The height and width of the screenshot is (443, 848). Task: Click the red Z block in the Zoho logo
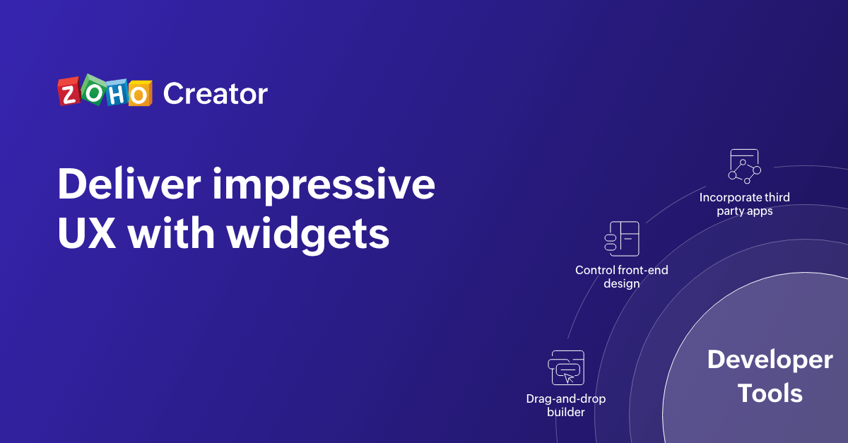click(69, 92)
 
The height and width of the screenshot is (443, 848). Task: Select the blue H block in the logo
click(116, 92)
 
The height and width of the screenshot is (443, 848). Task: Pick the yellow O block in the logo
click(140, 93)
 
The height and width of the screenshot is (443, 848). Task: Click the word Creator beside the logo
click(216, 93)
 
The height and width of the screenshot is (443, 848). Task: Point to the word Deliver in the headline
click(129, 184)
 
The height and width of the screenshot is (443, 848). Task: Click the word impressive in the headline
click(324, 186)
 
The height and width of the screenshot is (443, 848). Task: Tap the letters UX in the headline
click(87, 233)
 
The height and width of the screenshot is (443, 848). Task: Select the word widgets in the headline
click(308, 235)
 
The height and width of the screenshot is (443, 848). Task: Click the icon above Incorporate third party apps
click(744, 166)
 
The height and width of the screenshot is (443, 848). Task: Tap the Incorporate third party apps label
click(745, 204)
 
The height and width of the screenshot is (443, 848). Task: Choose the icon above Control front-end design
click(622, 239)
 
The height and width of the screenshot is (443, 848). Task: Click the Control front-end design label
click(622, 277)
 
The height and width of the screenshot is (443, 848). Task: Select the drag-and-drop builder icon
click(566, 367)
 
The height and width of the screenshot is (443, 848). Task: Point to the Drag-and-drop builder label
click(566, 405)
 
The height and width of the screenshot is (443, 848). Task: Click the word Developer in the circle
click(770, 360)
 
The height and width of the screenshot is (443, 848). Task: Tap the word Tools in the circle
click(770, 393)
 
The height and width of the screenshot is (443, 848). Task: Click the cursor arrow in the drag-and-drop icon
click(570, 378)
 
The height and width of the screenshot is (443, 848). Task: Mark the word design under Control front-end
click(622, 284)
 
